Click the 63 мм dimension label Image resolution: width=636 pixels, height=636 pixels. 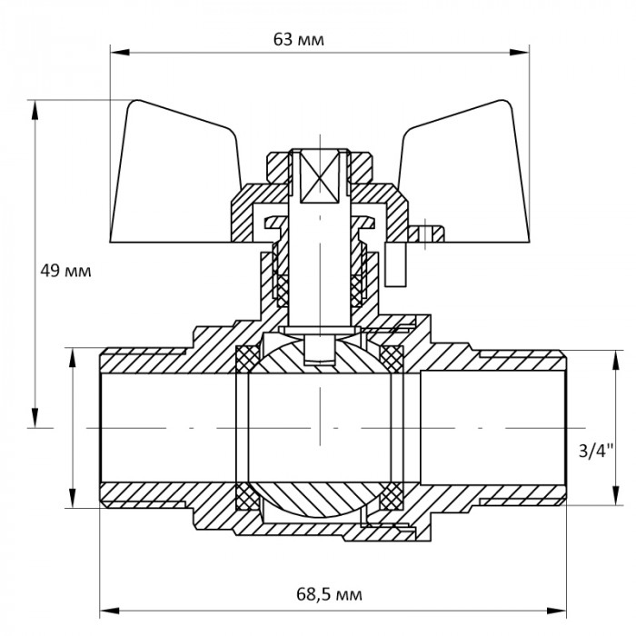tap(299, 40)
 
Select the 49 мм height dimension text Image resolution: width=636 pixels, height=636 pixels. tap(66, 271)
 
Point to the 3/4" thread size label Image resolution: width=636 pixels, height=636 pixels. tap(596, 450)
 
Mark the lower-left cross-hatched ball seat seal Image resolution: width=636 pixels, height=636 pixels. tap(246, 497)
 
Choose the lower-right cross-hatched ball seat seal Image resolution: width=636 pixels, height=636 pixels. tap(393, 497)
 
